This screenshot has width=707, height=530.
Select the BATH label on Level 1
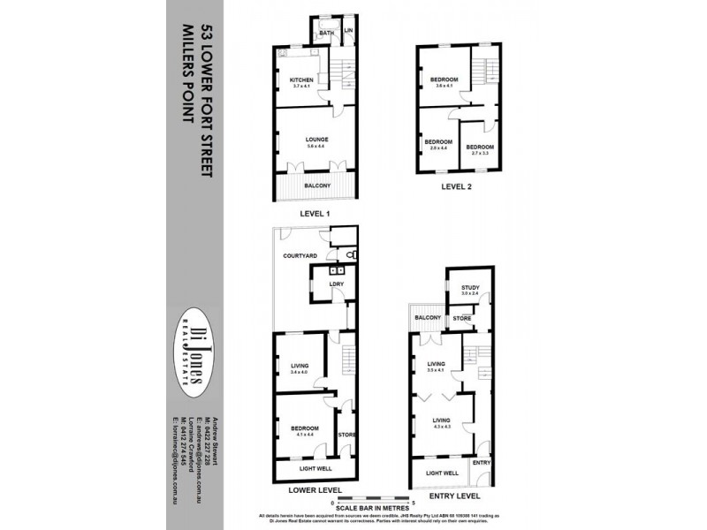tap(324, 33)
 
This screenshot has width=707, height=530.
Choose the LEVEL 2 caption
tap(457, 187)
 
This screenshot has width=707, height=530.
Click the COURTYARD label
tap(300, 255)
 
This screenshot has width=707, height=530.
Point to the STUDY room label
tap(463, 288)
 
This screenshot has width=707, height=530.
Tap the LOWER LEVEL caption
tap(315, 488)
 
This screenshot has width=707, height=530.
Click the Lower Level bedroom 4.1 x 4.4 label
tap(304, 430)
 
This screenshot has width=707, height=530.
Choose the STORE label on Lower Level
tap(346, 434)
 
